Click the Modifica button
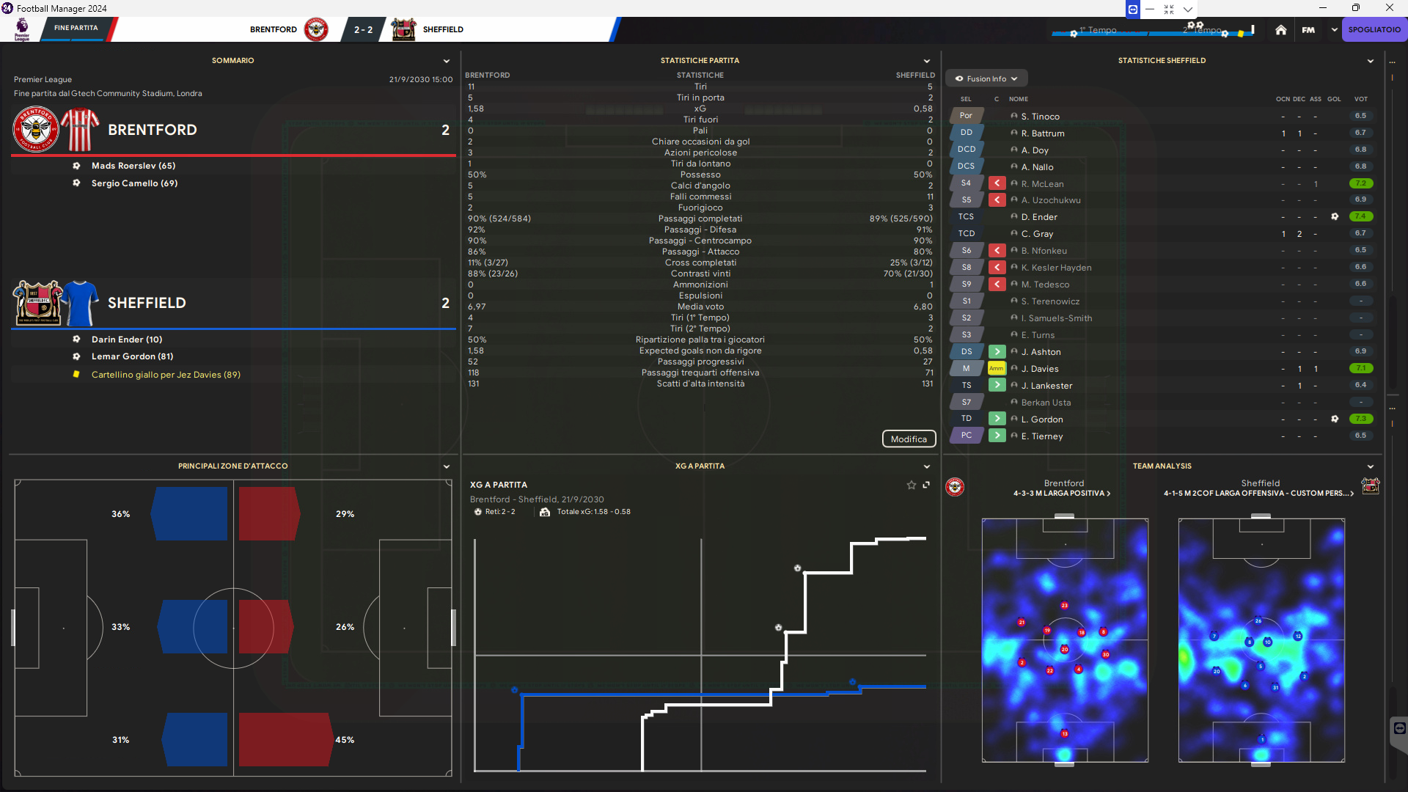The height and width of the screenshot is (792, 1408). pos(909,439)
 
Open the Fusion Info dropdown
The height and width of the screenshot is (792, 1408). pos(986,78)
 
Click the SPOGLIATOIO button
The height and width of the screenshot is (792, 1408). pos(1374,30)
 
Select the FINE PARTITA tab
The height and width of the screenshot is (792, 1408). pos(76,28)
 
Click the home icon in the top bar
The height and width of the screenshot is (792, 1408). pos(1280,30)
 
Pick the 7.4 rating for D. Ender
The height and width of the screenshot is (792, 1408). pos(1360,216)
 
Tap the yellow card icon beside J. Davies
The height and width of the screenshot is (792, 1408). pos(997,368)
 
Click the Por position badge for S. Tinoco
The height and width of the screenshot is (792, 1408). pos(966,116)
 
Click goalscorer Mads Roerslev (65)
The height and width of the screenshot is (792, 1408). pos(133,166)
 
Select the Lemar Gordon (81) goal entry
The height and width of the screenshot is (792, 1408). pos(132,356)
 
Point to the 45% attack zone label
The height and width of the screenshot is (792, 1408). pos(345,740)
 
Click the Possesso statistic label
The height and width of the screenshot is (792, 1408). pos(700,175)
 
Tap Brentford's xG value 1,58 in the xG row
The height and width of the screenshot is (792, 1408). pos(476,109)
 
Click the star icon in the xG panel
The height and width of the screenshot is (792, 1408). pos(912,485)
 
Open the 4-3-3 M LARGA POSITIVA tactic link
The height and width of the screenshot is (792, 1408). pos(1062,494)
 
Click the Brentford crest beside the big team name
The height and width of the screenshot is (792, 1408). pos(35,130)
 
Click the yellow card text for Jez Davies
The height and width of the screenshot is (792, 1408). pos(166,375)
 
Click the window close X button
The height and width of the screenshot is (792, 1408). pos(1389,8)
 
